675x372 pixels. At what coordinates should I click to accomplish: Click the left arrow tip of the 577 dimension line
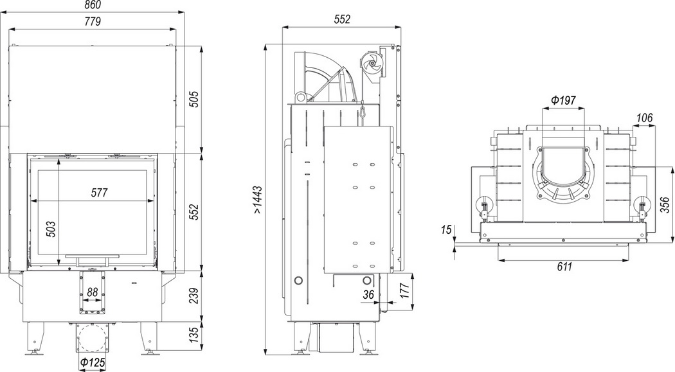click(32, 200)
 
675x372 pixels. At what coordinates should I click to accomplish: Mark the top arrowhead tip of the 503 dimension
click(58, 159)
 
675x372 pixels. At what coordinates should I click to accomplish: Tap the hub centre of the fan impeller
click(370, 64)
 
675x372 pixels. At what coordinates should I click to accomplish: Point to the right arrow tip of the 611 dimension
click(630, 260)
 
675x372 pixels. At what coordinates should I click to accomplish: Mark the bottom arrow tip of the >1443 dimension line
click(266, 355)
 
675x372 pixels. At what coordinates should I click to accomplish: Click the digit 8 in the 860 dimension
click(86, 5)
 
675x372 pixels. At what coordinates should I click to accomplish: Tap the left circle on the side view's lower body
click(298, 281)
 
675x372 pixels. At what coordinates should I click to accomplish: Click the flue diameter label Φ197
click(564, 101)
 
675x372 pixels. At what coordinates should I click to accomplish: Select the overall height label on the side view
click(257, 200)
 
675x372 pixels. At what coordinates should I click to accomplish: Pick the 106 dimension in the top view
click(644, 118)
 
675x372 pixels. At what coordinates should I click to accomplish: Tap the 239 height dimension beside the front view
click(195, 296)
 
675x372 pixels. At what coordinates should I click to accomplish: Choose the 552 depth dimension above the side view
click(342, 19)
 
